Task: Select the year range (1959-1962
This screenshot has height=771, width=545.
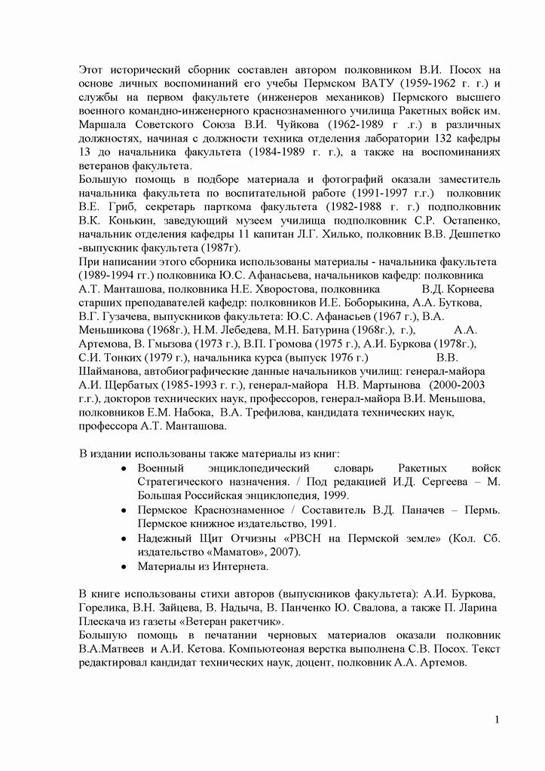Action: pos(413,83)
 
